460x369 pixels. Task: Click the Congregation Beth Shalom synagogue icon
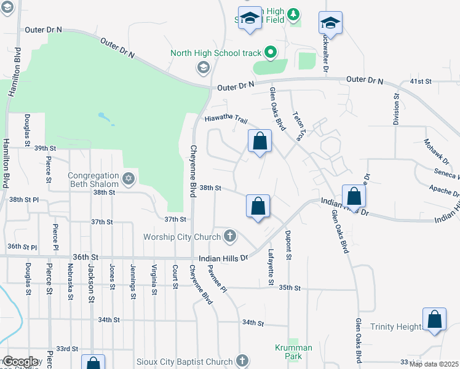click(128, 179)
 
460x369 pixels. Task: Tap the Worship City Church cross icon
click(230, 236)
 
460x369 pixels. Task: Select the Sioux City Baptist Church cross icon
click(242, 361)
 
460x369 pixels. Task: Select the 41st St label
click(421, 81)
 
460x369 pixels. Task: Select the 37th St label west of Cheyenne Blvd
click(175, 219)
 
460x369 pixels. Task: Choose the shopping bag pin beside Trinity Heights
click(434, 320)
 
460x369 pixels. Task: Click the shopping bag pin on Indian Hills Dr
click(354, 197)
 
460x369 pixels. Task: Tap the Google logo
click(20, 362)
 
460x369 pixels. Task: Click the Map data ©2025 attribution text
click(433, 364)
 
